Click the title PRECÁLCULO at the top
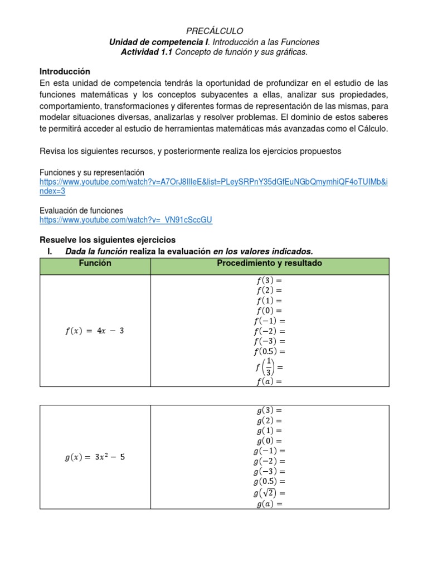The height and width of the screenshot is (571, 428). (214, 31)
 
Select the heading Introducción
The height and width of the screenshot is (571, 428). (65, 72)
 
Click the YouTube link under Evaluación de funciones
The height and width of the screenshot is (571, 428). (126, 220)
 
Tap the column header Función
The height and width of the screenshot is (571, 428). (95, 264)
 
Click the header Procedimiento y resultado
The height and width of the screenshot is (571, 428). (269, 264)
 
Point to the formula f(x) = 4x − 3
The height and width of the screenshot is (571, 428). (95, 331)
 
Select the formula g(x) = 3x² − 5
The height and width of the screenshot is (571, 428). (95, 458)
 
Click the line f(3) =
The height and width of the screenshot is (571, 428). (270, 280)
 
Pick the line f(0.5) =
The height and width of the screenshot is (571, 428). (270, 351)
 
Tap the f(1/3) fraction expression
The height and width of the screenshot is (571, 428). (270, 367)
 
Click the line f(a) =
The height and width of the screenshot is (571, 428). (270, 382)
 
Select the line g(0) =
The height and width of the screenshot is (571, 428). (270, 441)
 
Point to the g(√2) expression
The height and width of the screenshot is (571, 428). (270, 492)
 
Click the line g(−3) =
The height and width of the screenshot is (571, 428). (270, 471)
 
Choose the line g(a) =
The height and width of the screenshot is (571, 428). (270, 504)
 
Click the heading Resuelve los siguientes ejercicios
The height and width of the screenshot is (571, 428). (108, 240)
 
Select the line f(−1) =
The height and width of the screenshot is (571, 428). (270, 321)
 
